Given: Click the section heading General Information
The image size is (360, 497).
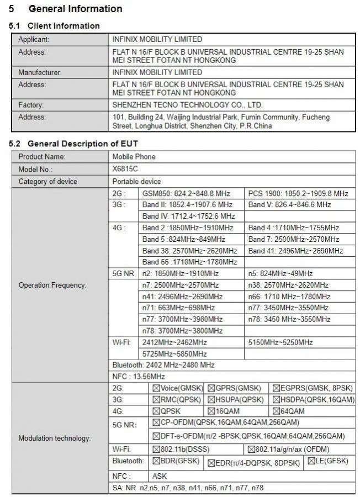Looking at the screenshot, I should [75, 9].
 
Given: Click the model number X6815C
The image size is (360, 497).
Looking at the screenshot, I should [126, 169].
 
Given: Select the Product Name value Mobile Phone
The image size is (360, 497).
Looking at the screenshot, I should [134, 157].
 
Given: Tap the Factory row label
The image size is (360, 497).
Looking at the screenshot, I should [31, 105].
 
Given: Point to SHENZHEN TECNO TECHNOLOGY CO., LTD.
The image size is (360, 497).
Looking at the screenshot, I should [187, 105].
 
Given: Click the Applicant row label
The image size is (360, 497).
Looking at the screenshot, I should [34, 39].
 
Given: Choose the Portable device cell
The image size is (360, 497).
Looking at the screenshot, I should [137, 181].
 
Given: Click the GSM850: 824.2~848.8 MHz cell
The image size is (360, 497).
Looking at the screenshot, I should [186, 193].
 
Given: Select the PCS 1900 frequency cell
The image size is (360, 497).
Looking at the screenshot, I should [298, 193].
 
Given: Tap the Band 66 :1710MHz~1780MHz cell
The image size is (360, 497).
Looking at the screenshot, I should [189, 262].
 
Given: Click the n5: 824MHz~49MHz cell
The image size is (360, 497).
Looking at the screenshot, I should [280, 273].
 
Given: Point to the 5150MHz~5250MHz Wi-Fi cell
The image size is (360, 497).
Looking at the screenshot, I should [280, 342].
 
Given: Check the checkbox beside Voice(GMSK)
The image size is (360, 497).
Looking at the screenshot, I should [156, 388].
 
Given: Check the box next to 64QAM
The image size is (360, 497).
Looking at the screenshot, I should [276, 411].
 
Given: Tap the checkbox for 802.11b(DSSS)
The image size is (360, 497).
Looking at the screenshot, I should [156, 449].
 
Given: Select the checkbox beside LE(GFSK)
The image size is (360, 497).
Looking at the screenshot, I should [311, 461].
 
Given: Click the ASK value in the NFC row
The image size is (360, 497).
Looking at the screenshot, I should [160, 476].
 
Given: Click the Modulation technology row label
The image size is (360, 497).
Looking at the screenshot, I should [54, 438].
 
